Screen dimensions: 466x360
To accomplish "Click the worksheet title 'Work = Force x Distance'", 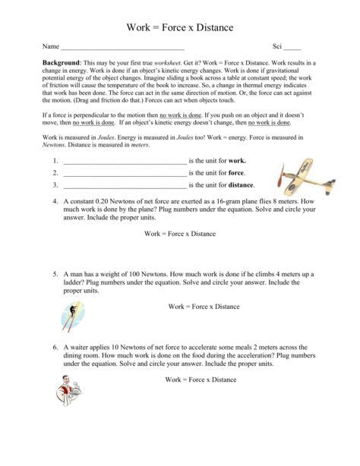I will point(179,28).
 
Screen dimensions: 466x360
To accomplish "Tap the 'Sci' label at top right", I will point(279,46).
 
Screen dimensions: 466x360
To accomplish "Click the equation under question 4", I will point(180,234).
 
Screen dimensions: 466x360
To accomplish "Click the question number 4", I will point(55,202).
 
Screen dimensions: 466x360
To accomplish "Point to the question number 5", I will point(55,273).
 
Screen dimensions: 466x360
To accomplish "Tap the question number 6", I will point(55,345).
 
